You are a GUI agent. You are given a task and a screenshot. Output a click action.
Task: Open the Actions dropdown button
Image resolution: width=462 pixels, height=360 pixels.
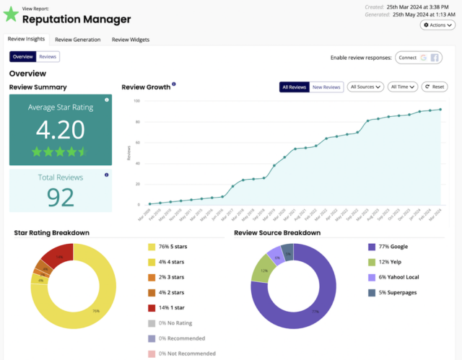[x=437, y=25]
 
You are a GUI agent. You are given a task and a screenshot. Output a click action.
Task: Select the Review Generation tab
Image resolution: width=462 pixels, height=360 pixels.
[x=77, y=40]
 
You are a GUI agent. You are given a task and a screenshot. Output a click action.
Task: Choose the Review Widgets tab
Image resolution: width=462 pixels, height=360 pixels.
[x=131, y=40]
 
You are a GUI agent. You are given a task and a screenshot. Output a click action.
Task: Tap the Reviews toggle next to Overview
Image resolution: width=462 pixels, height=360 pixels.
[x=48, y=56]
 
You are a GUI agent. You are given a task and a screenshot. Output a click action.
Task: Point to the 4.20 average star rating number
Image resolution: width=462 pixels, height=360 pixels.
[x=61, y=130]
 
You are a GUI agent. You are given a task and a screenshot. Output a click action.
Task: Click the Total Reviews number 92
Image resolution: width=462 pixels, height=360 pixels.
[x=61, y=196]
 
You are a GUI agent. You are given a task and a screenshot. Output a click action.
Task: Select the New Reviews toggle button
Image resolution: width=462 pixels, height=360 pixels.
[x=326, y=87]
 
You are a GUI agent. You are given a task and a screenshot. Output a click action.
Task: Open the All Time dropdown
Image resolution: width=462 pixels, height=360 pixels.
[x=403, y=87]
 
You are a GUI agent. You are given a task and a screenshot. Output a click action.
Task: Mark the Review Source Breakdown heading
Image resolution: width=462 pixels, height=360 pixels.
[x=276, y=233]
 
